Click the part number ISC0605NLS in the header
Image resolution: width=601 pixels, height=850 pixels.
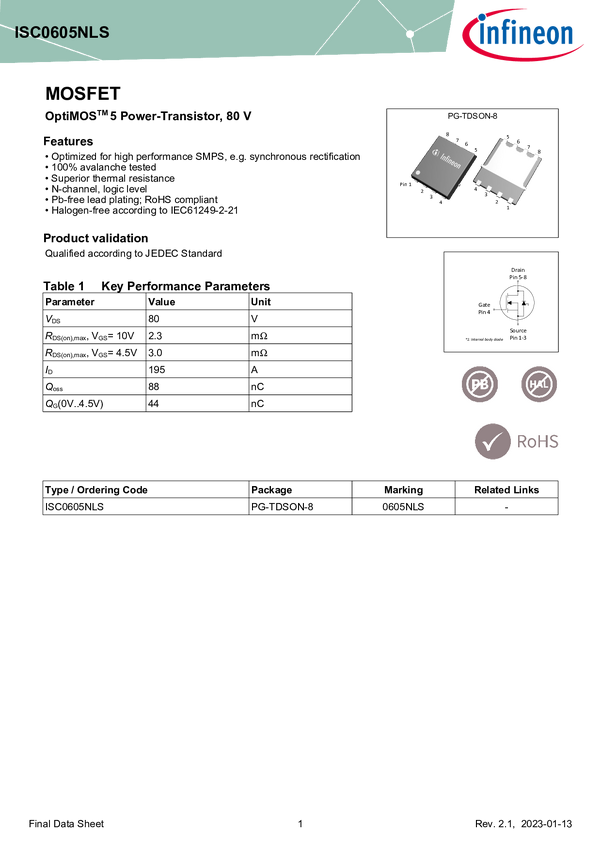[61, 32]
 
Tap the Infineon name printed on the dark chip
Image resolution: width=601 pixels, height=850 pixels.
[451, 160]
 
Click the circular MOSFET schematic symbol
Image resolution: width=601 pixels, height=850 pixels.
[517, 301]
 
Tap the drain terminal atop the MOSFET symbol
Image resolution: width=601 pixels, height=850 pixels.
[517, 284]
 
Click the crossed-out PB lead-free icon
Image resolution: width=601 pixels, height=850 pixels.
[480, 384]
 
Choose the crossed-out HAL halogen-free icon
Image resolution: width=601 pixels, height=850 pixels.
[540, 384]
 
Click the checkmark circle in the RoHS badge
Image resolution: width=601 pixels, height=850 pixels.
[491, 441]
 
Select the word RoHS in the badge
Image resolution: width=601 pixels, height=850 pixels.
[536, 441]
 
